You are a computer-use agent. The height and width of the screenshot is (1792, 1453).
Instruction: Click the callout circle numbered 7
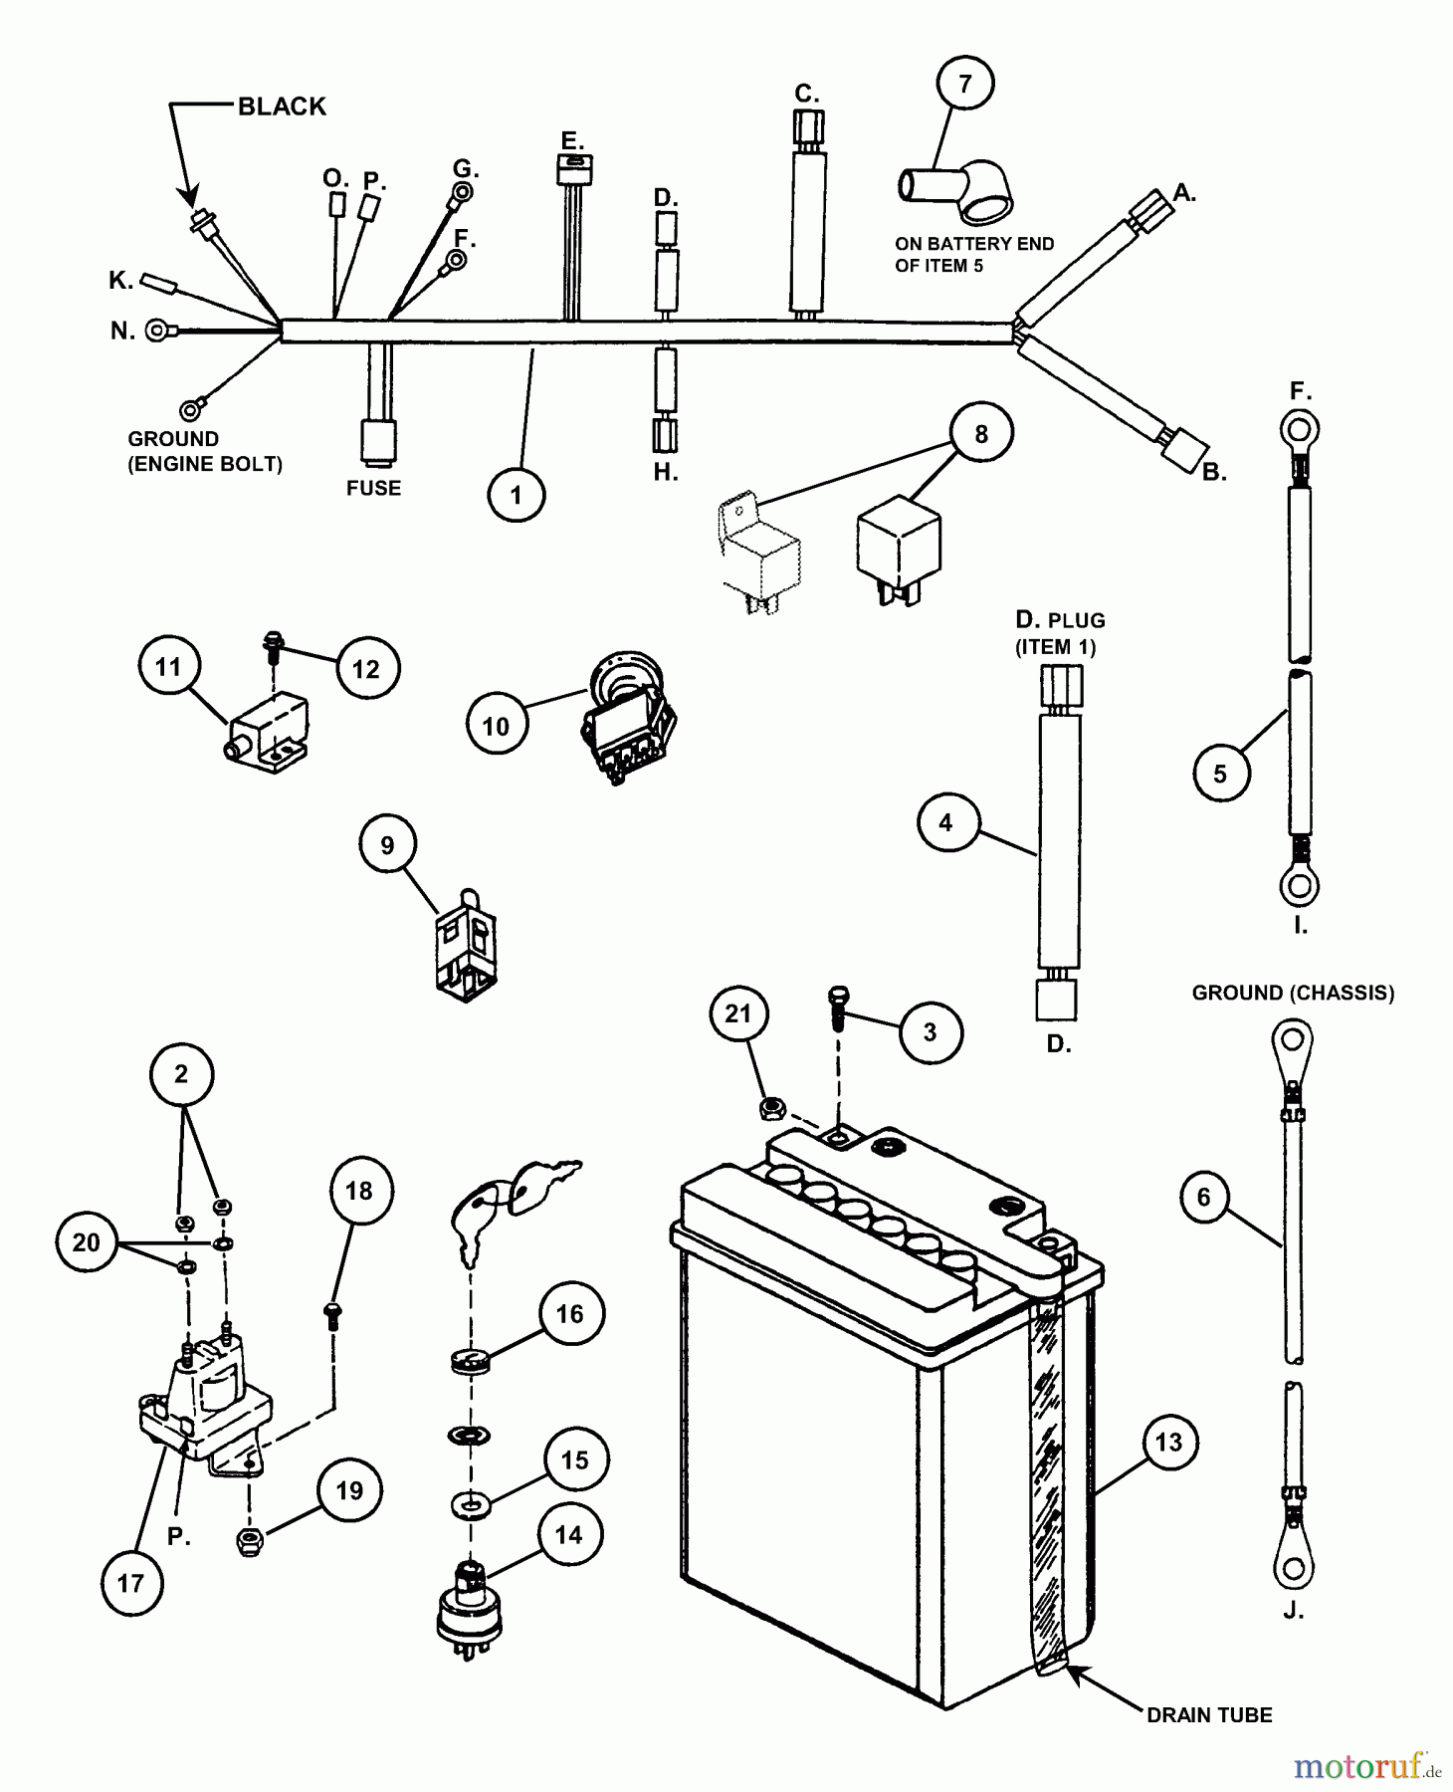click(x=964, y=84)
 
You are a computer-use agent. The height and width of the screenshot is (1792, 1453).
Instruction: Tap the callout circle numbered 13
click(x=1168, y=1442)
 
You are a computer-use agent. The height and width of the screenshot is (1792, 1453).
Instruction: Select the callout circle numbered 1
click(x=516, y=495)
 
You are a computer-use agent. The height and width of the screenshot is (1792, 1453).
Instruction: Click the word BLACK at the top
click(x=282, y=107)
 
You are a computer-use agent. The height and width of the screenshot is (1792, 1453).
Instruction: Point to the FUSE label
click(x=373, y=488)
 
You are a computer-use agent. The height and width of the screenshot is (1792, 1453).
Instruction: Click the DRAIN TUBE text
click(x=1209, y=1714)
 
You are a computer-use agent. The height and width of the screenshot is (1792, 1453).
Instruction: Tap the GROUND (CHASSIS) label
click(x=1293, y=993)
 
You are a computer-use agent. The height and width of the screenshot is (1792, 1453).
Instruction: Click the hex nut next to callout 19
click(x=249, y=1542)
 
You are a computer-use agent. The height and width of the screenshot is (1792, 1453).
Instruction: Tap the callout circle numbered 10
click(x=496, y=726)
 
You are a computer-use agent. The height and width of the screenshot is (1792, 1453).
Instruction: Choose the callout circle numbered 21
click(x=737, y=1013)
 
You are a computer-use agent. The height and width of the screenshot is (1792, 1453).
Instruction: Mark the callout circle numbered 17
click(x=131, y=1583)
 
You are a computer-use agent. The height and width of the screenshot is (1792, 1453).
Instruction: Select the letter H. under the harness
click(x=666, y=473)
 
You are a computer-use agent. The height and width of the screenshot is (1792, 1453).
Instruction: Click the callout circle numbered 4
click(x=945, y=822)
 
